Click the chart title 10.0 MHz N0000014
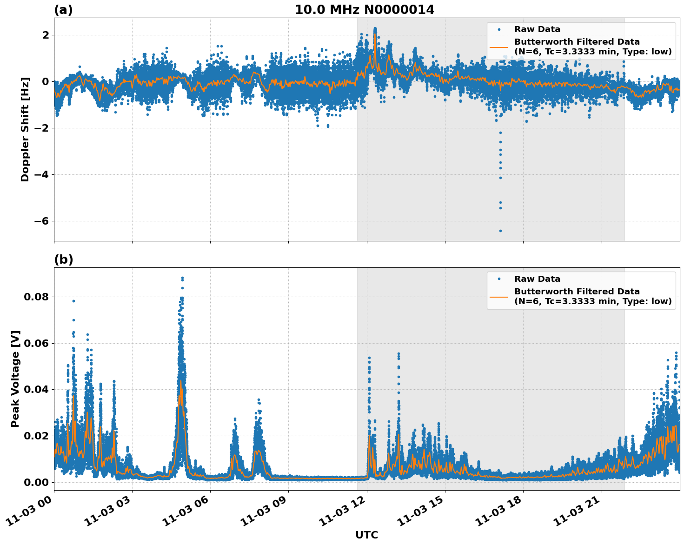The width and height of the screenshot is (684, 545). (365, 10)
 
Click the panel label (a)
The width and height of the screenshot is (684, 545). (63, 10)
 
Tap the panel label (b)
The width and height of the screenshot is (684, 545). (63, 259)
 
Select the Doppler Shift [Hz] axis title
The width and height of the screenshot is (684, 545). (25, 129)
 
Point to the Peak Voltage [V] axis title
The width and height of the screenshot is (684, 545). (15, 379)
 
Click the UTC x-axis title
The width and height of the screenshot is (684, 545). (366, 535)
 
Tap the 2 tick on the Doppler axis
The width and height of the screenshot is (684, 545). (46, 35)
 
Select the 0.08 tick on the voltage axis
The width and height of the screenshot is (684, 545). (36, 297)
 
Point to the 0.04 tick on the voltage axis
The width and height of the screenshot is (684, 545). (36, 389)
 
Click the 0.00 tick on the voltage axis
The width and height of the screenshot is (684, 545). (36, 482)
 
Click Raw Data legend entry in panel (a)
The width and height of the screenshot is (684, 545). (537, 30)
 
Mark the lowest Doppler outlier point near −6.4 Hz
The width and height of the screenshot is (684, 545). (500, 231)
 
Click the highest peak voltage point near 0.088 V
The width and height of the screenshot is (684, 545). (182, 278)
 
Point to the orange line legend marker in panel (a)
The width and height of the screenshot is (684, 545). (499, 47)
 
